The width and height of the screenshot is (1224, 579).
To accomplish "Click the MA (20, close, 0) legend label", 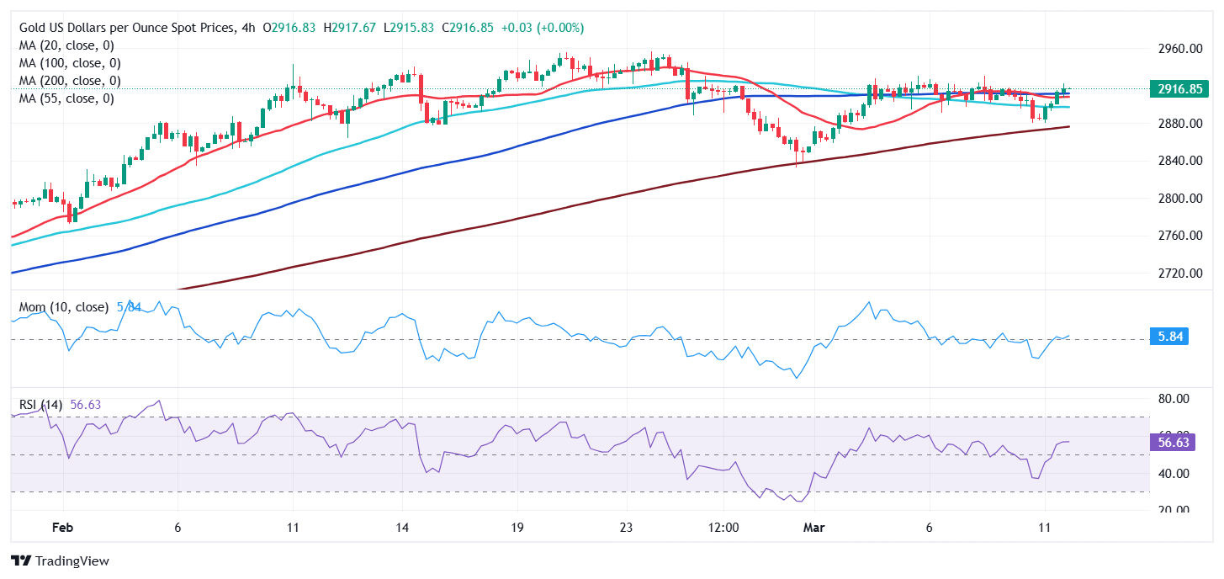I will tap(66, 45).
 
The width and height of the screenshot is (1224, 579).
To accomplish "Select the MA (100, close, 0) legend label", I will tap(70, 63).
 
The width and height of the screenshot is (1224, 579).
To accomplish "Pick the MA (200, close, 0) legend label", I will tap(70, 81).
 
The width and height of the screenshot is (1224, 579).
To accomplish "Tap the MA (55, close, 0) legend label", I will tap(66, 98).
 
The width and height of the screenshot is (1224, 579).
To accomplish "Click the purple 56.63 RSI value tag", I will tap(1169, 443).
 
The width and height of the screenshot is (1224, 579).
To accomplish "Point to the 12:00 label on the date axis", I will tap(723, 528).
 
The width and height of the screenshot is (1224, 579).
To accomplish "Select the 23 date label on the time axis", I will tap(627, 528).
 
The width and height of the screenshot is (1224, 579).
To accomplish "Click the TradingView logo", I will tap(60, 560).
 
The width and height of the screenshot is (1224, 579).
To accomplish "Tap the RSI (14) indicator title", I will tap(40, 405).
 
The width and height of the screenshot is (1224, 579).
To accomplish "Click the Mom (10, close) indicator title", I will tap(64, 307).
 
